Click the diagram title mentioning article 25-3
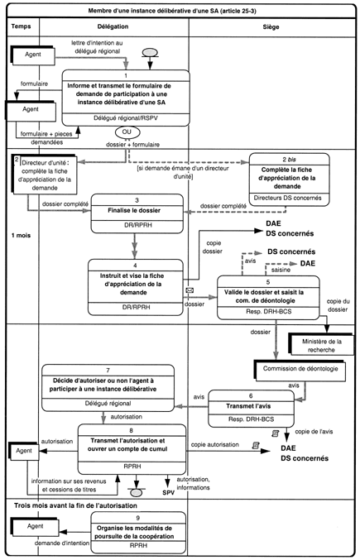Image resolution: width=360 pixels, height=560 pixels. coord(172,11)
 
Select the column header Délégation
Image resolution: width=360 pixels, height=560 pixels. coord(113,26)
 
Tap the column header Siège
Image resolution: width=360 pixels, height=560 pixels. coord(271,26)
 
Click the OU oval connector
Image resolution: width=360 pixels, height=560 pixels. coord(127,132)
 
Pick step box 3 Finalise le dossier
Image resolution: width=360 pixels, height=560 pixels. coord(137,213)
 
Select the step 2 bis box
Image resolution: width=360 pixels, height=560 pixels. coord(290,179)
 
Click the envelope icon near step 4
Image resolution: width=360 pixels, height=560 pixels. coord(190,290)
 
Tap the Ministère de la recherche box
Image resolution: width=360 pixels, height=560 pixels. coord(321,345)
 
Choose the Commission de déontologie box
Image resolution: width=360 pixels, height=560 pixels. coord(300,370)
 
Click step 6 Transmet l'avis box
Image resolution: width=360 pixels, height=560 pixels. coord(251,409)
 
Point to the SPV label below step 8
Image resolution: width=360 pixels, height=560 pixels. coord(169,493)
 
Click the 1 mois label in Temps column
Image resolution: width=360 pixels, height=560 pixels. coord(21,236)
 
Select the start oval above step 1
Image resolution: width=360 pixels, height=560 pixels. coord(150,52)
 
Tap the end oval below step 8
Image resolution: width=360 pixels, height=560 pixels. coord(136,493)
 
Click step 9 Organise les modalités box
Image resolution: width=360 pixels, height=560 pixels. coord(138,532)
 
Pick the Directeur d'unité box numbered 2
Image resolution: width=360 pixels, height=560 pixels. coord(45,175)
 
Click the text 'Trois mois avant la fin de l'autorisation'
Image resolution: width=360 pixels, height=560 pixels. coord(75,505)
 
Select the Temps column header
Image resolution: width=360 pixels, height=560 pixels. coord(21,26)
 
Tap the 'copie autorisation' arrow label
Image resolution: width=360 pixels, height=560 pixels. coord(215,445)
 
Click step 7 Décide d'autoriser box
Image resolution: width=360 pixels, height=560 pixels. coord(108,388)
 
